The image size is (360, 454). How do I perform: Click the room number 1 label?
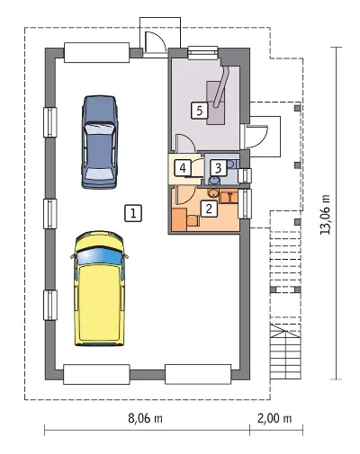(133, 213)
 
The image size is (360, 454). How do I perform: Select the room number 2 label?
(209, 208)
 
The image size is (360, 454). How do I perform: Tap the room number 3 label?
(218, 168)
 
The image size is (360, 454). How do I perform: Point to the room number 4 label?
(183, 168)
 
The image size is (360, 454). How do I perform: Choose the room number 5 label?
(200, 111)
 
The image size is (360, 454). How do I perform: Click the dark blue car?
(99, 142)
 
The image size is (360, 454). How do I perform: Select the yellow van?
(99, 289)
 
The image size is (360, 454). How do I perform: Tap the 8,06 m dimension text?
(145, 418)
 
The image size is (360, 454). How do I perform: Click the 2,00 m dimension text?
(274, 418)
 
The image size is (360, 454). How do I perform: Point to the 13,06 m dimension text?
(325, 214)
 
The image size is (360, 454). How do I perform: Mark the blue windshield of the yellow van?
(100, 255)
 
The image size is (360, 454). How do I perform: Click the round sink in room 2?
(213, 193)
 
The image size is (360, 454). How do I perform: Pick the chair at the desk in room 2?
(193, 220)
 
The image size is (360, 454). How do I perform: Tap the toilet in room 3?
(214, 181)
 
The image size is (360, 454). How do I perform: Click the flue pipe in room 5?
(221, 87)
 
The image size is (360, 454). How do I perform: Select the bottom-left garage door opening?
(96, 374)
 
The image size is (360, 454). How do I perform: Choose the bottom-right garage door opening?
(198, 374)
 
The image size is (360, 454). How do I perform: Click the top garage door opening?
(96, 53)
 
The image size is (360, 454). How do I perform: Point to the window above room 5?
(202, 52)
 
